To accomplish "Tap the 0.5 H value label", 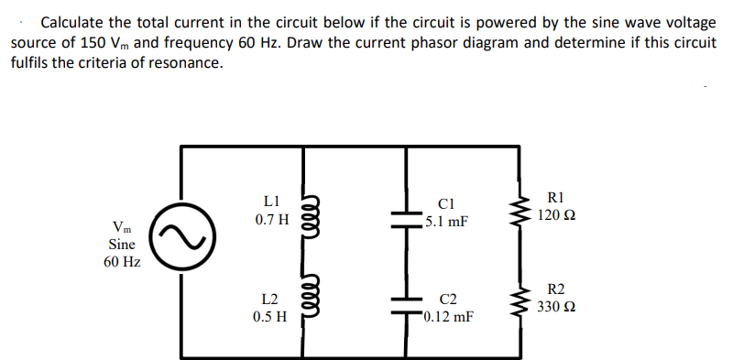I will [x=270, y=317].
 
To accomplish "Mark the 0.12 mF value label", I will [x=449, y=317].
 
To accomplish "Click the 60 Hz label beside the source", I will [x=122, y=263].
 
